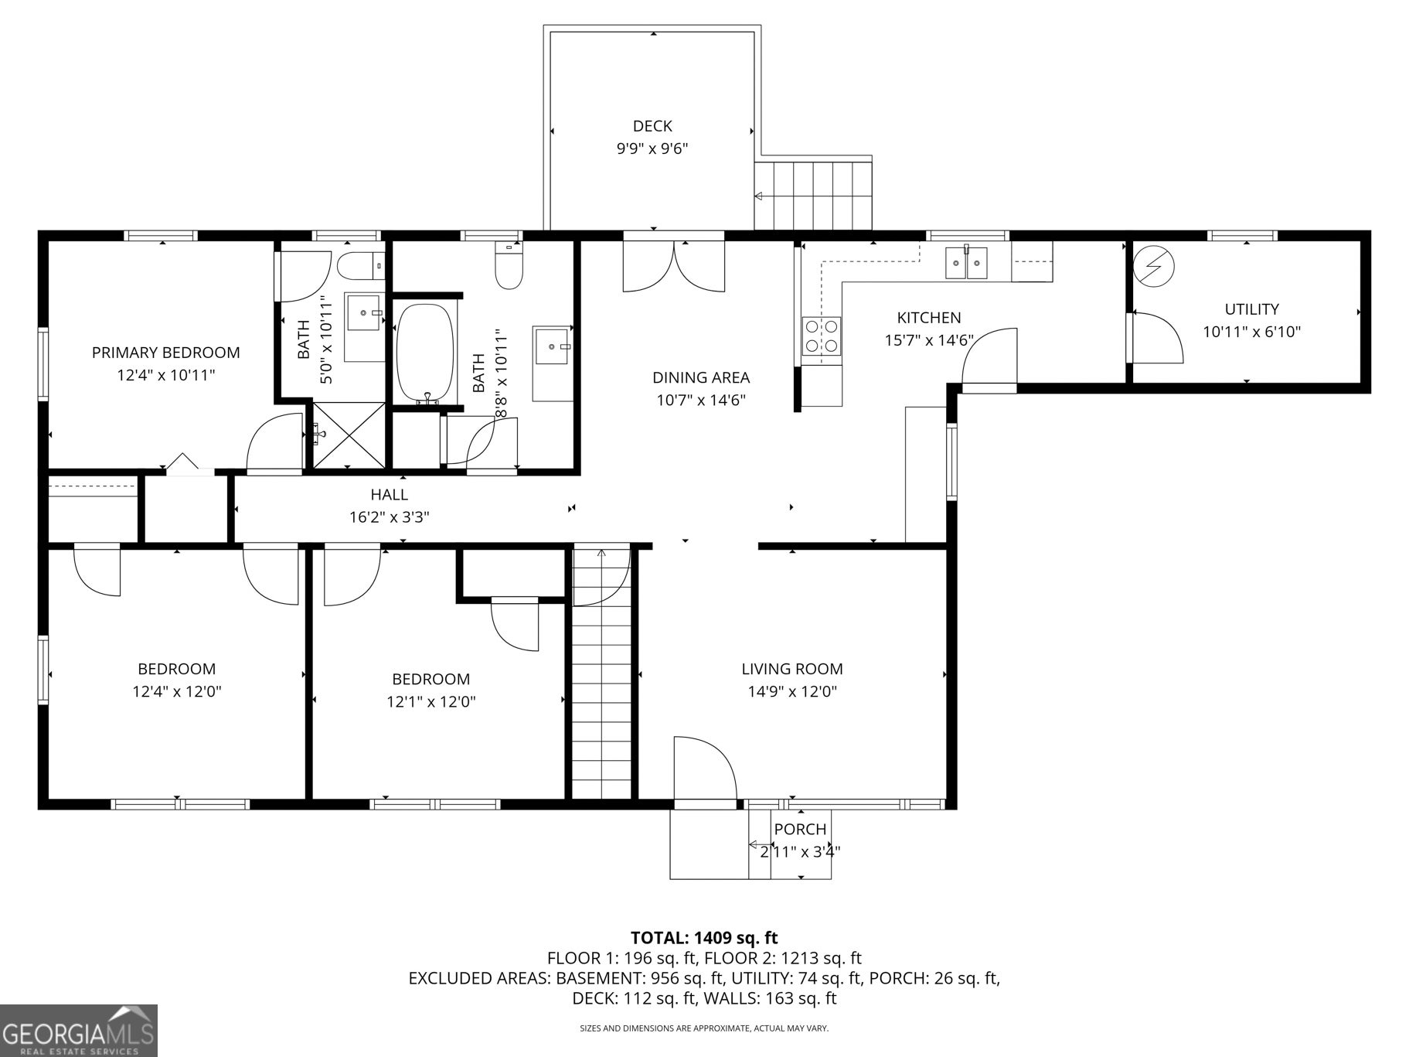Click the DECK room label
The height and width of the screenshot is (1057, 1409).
pos(652,126)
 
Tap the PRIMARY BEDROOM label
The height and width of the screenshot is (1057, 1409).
pos(166,353)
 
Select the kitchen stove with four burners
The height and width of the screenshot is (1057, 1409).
pos(821,336)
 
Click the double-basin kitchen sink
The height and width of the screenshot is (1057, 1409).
pos(967,262)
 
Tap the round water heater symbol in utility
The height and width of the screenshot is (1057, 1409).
pos(1153,267)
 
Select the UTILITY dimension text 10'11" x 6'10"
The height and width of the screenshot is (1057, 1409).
pos(1251,332)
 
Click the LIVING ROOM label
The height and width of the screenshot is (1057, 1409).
pos(792,669)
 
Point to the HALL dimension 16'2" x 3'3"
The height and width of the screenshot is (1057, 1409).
pos(390,517)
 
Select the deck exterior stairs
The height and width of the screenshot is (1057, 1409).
pos(813,196)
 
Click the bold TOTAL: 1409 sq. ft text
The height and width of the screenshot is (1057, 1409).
pos(704,938)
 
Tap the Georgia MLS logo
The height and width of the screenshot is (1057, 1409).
pos(79,1031)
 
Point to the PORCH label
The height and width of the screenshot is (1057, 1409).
pos(800,829)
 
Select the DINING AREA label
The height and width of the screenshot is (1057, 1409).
pos(701,377)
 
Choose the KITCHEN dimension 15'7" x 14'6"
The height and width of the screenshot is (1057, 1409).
pos(929,340)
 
